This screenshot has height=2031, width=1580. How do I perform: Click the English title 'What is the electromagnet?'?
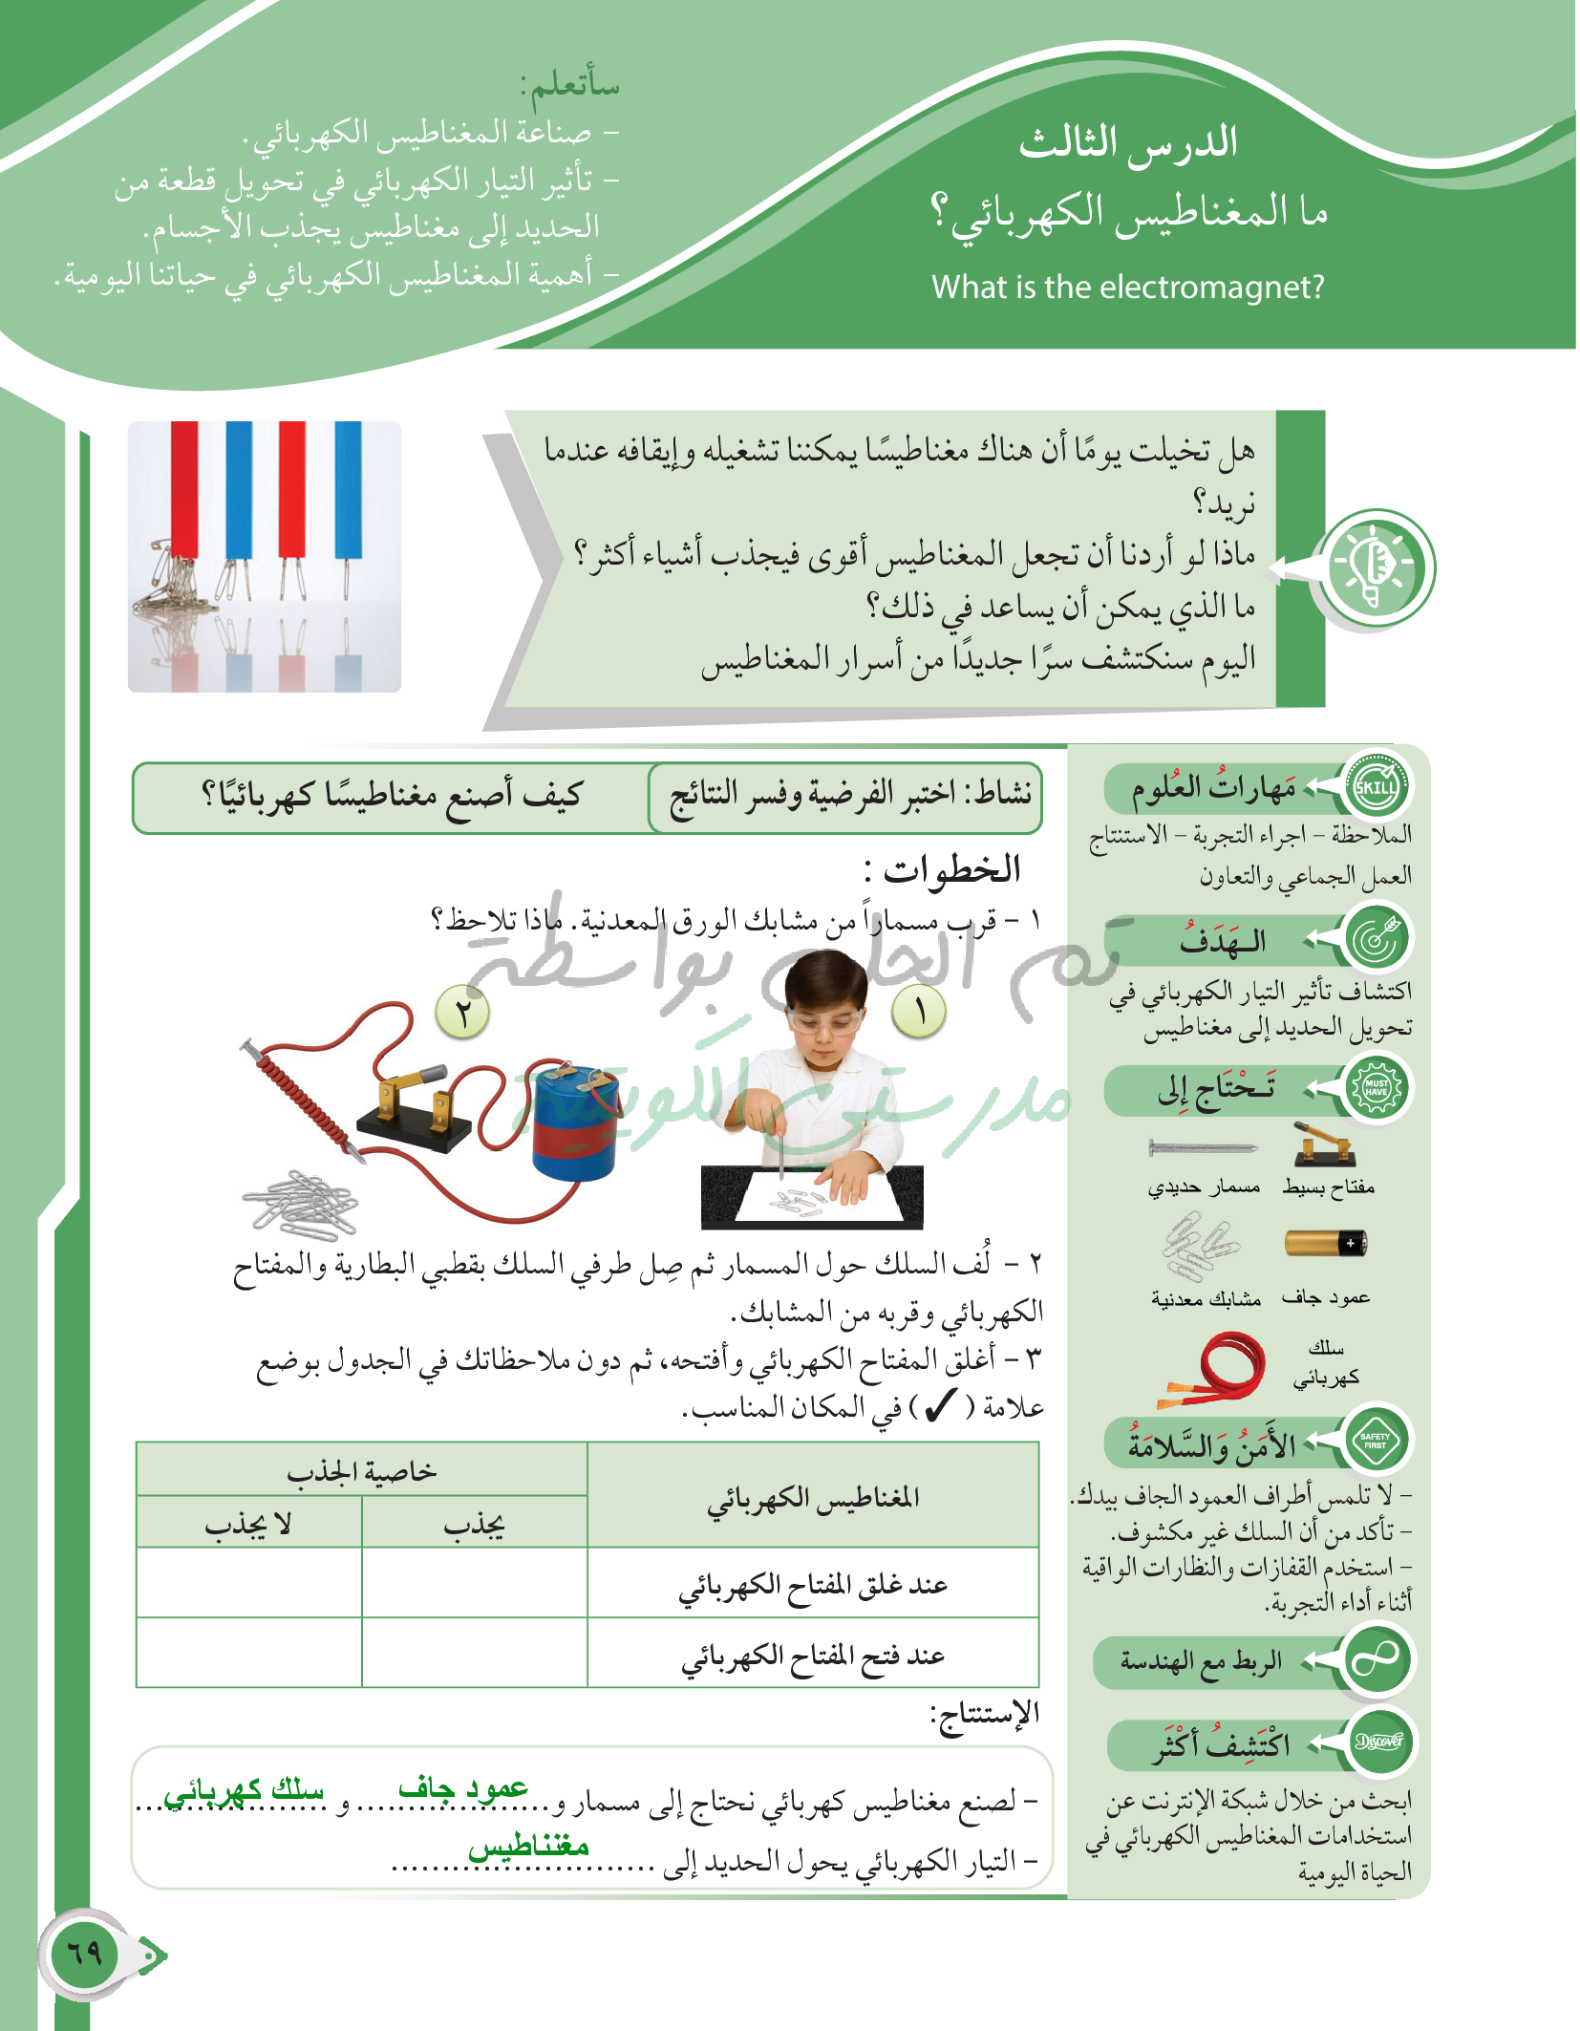pos(1127,287)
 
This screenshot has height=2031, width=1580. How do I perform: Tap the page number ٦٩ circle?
pos(85,1953)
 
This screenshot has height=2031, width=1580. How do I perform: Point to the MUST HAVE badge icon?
pos(1377,1088)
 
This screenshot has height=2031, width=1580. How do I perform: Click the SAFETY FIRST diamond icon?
pos(1376,1440)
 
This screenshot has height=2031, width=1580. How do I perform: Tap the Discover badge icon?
pos(1378,1742)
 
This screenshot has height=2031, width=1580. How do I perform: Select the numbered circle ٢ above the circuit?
pos(463,1013)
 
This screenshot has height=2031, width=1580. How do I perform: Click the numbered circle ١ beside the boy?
pos(919,1011)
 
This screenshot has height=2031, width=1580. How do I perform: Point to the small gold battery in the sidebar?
pos(1326,1243)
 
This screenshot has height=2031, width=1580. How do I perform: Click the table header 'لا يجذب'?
pos(248,1524)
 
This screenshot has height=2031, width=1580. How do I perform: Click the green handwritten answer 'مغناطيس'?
pos(528,1846)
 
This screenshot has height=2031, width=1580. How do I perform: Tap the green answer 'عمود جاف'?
pos(463,1788)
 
